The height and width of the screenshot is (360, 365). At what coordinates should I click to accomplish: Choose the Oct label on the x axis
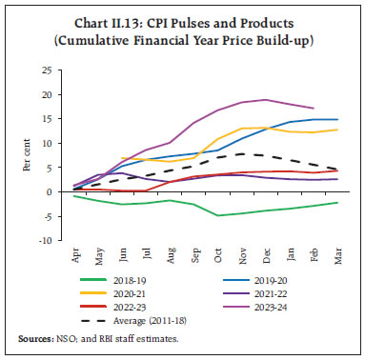pyautogui.click(x=220, y=254)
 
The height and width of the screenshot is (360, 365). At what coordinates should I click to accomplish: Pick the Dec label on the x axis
pyautogui.click(x=268, y=254)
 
